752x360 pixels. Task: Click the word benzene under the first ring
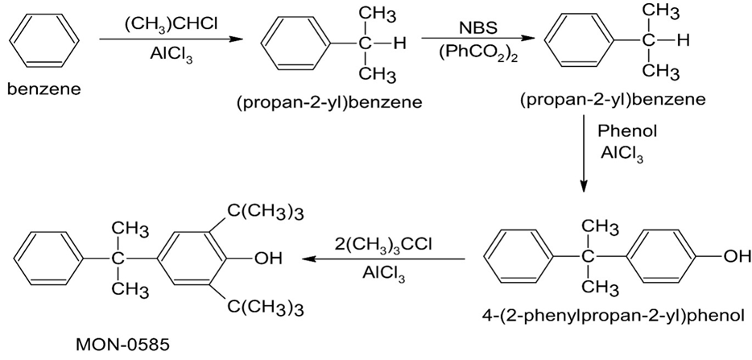point(43,89)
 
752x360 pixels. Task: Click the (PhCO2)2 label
point(468,55)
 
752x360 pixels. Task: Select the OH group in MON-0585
point(267,259)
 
